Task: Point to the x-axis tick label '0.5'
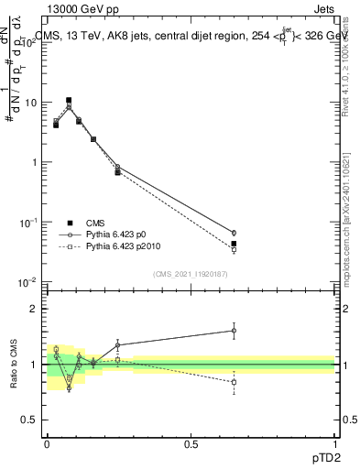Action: [x=191, y=442]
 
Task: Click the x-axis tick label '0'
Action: [x=47, y=442]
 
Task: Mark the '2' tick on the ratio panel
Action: [x=33, y=309]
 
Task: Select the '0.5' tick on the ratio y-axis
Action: [x=29, y=420]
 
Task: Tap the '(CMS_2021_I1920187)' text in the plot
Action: [x=190, y=274]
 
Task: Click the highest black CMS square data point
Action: [x=69, y=100]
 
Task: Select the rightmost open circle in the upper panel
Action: [x=234, y=233]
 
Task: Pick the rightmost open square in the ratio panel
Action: [x=234, y=382]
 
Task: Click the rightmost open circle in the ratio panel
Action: [x=234, y=331]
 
